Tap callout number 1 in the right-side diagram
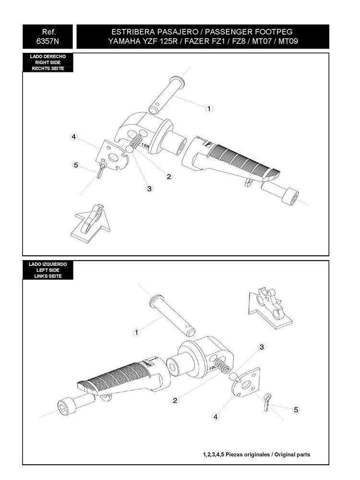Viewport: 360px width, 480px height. click(209, 108)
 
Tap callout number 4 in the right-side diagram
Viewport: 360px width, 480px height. click(73, 137)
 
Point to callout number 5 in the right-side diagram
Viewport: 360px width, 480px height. click(75, 165)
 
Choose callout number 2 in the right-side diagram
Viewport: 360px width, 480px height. click(169, 176)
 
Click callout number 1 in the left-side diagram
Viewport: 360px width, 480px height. click(136, 332)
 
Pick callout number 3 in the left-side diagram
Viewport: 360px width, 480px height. click(262, 347)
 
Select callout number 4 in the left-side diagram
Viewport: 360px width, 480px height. click(216, 417)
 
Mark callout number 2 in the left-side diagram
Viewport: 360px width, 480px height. click(176, 400)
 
